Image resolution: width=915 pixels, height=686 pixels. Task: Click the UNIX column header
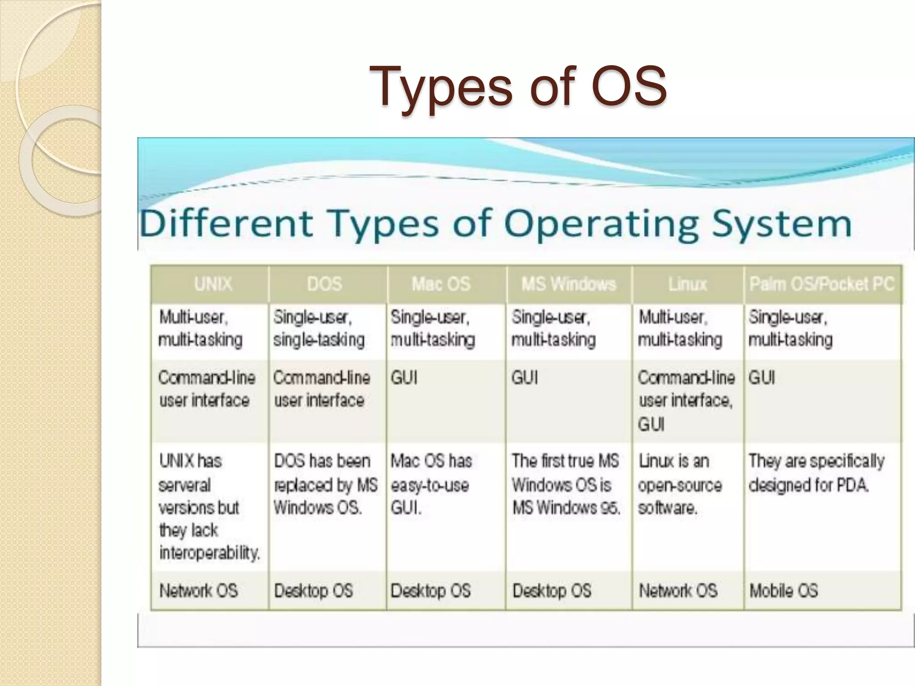pyautogui.click(x=213, y=284)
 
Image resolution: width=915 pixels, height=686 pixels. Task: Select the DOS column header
pyautogui.click(x=325, y=284)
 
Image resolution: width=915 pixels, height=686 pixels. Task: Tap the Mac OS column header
pyautogui.click(x=441, y=284)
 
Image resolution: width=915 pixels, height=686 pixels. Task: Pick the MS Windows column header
pyautogui.click(x=568, y=284)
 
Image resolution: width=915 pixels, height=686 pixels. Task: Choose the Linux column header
pyautogui.click(x=688, y=284)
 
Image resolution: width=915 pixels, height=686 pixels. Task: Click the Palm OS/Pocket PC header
pyautogui.click(x=822, y=284)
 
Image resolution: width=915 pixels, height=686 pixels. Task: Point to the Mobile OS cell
pyautogui.click(x=784, y=591)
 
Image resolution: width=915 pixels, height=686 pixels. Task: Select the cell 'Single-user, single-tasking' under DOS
pyautogui.click(x=319, y=329)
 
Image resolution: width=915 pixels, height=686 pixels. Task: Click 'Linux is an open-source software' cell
pyautogui.click(x=680, y=485)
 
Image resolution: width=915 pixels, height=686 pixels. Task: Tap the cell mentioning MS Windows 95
pyautogui.click(x=566, y=485)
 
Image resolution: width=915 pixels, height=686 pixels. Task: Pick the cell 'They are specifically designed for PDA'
pyautogui.click(x=816, y=473)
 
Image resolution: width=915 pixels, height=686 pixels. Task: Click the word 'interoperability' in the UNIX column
pyautogui.click(x=209, y=553)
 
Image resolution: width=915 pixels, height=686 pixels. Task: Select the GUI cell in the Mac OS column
pyautogui.click(x=404, y=378)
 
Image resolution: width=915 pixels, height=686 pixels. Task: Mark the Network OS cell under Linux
pyautogui.click(x=678, y=591)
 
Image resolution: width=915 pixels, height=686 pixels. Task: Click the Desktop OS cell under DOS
pyautogui.click(x=314, y=591)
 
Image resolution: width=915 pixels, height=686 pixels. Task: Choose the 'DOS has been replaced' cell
pyautogui.click(x=325, y=485)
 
